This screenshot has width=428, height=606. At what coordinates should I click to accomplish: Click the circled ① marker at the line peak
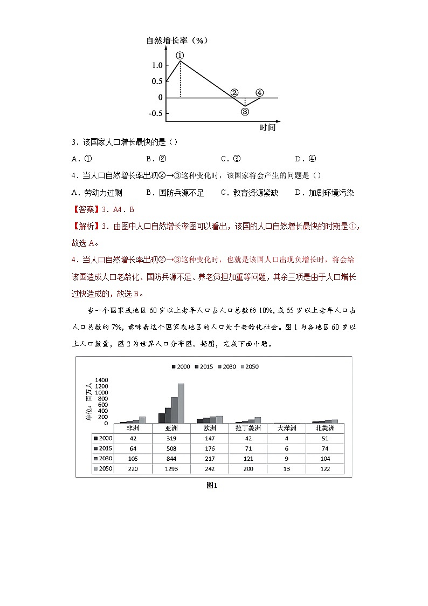pyautogui.click(x=180, y=55)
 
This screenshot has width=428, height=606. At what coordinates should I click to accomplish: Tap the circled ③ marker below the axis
pyautogui.click(x=245, y=112)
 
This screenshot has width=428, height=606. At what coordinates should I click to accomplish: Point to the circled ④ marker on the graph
pyautogui.click(x=259, y=93)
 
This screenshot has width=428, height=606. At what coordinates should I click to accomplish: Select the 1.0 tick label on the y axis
pyautogui.click(x=157, y=65)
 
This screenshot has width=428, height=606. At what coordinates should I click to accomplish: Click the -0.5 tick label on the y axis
pyautogui.click(x=155, y=113)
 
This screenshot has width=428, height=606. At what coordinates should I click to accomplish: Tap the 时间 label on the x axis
pyautogui.click(x=267, y=128)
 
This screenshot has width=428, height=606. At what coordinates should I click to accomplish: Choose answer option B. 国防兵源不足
pyautogui.click(x=175, y=193)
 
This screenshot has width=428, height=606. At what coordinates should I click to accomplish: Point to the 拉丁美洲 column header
pyautogui.click(x=248, y=428)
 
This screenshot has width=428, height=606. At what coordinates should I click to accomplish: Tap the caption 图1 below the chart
pyautogui.click(x=212, y=485)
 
